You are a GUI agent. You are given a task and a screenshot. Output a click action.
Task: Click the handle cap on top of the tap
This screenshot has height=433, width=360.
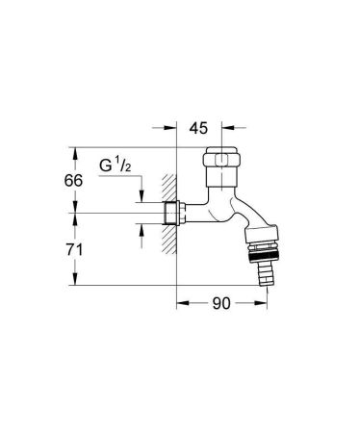pyautogui.click(x=224, y=160)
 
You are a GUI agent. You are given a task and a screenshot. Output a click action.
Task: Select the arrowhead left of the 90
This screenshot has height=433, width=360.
pyautogui.click(x=182, y=304)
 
